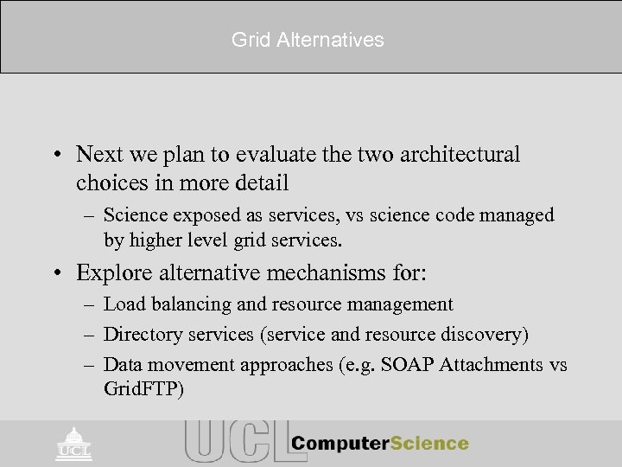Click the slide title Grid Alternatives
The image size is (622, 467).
pyautogui.click(x=308, y=40)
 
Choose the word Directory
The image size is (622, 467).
pyautogui.click(x=138, y=334)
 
